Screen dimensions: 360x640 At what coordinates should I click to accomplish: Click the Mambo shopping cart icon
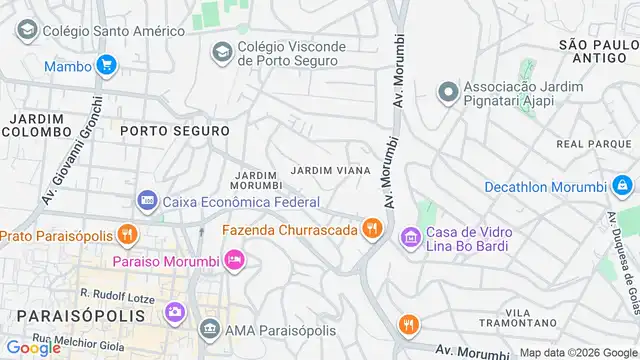[x=106, y=67]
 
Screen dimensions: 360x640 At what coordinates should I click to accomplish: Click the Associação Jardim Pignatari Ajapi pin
[x=448, y=92]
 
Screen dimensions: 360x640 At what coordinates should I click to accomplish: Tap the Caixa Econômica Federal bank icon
[x=147, y=201]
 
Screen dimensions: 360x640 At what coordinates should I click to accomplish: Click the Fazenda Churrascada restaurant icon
[x=373, y=230]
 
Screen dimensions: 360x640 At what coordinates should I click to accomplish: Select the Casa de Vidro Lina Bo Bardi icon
[x=410, y=238]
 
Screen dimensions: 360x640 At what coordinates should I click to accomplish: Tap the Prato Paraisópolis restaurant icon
[x=126, y=236]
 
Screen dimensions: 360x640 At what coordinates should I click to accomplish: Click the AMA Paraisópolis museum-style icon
[x=209, y=328]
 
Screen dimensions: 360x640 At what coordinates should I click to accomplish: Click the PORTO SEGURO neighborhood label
[x=175, y=131]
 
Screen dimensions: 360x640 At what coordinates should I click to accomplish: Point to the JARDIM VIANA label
[x=331, y=171]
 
